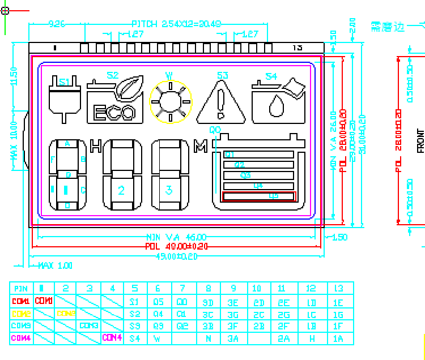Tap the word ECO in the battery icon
(114, 113)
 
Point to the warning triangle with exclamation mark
(221, 102)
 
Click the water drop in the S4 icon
(277, 105)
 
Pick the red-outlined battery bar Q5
(259, 196)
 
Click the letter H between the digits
(96, 146)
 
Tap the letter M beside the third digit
(200, 147)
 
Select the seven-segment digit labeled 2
(121, 174)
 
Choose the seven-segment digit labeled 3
(169, 174)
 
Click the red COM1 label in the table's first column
(21, 301)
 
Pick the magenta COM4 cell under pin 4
(112, 338)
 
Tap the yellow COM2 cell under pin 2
(66, 314)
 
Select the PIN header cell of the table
(21, 289)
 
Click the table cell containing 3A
(232, 338)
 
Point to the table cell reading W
(158, 338)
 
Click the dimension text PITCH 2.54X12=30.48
(176, 24)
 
